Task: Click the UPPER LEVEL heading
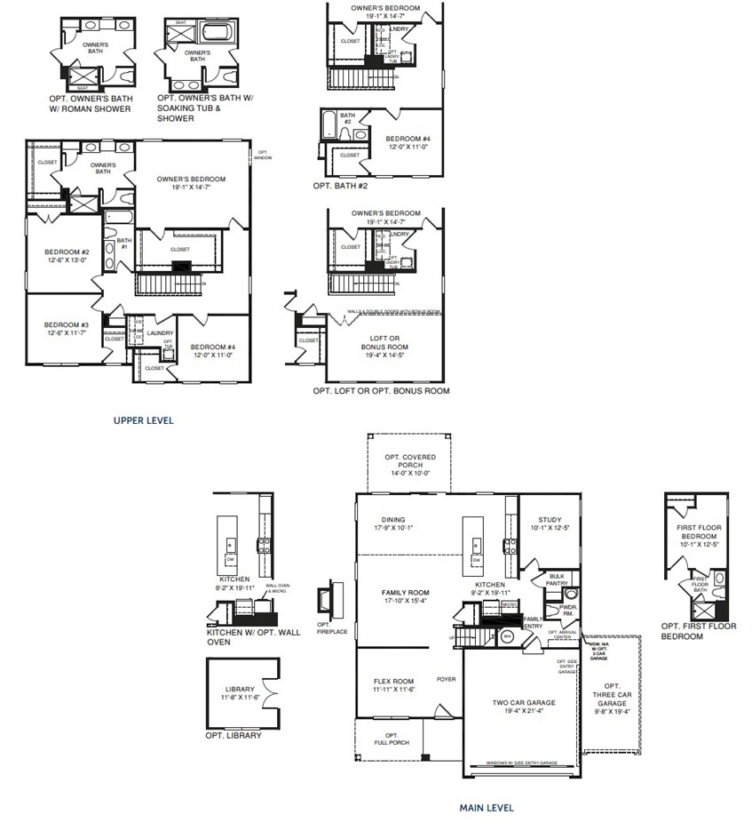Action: (x=143, y=420)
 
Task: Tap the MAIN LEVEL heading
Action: (x=486, y=808)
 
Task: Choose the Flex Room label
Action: (x=394, y=684)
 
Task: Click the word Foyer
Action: (x=446, y=680)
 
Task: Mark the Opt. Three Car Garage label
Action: (x=612, y=698)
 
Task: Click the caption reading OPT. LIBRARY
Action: (x=233, y=736)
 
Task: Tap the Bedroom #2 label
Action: (x=67, y=256)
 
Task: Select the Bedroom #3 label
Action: (x=67, y=329)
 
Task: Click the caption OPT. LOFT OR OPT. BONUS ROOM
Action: (x=380, y=391)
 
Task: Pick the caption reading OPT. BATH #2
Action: (x=340, y=186)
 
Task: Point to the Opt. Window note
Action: (x=264, y=155)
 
